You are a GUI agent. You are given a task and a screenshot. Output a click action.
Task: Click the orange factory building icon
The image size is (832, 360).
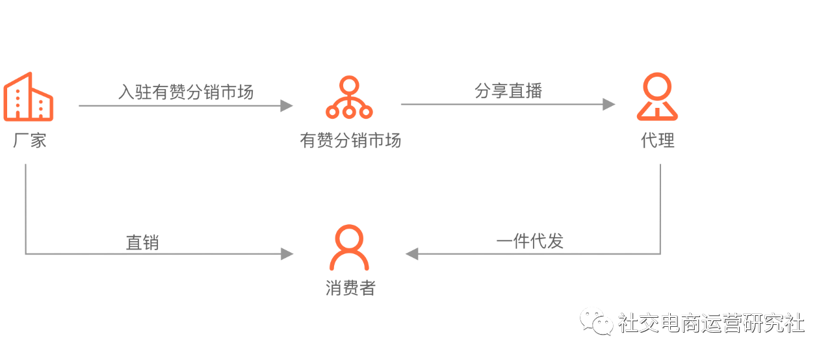(x=29, y=97)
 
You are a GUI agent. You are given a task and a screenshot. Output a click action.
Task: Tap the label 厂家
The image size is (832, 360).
(x=30, y=140)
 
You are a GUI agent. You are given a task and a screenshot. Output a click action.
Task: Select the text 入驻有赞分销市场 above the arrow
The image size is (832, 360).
(x=186, y=92)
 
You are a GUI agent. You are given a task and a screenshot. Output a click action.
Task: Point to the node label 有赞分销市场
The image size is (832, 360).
(x=350, y=140)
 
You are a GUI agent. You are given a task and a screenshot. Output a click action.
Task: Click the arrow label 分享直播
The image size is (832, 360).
(x=508, y=91)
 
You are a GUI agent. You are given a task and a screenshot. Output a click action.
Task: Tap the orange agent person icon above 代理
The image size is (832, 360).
(x=657, y=97)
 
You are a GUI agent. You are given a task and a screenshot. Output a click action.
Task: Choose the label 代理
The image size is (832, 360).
(x=658, y=140)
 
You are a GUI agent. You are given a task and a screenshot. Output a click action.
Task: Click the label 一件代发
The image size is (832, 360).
(x=529, y=241)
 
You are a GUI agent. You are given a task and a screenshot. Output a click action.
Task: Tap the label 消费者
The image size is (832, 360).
(x=350, y=288)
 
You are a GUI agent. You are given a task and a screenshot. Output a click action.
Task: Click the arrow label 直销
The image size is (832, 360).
(x=142, y=242)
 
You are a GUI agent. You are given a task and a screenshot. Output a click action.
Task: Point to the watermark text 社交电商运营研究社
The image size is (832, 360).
(x=711, y=323)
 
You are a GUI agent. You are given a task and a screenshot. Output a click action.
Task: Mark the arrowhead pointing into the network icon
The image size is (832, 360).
(x=287, y=105)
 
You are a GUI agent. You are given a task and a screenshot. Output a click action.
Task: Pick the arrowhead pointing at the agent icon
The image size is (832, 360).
(x=609, y=105)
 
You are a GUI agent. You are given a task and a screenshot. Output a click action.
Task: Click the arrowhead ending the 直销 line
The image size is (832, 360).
(x=287, y=253)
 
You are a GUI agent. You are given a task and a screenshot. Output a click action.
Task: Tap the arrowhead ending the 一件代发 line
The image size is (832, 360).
(x=412, y=253)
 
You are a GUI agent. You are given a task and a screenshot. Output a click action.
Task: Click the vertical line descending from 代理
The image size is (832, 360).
(x=660, y=208)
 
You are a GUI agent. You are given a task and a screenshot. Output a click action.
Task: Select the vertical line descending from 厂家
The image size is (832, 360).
(x=26, y=208)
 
